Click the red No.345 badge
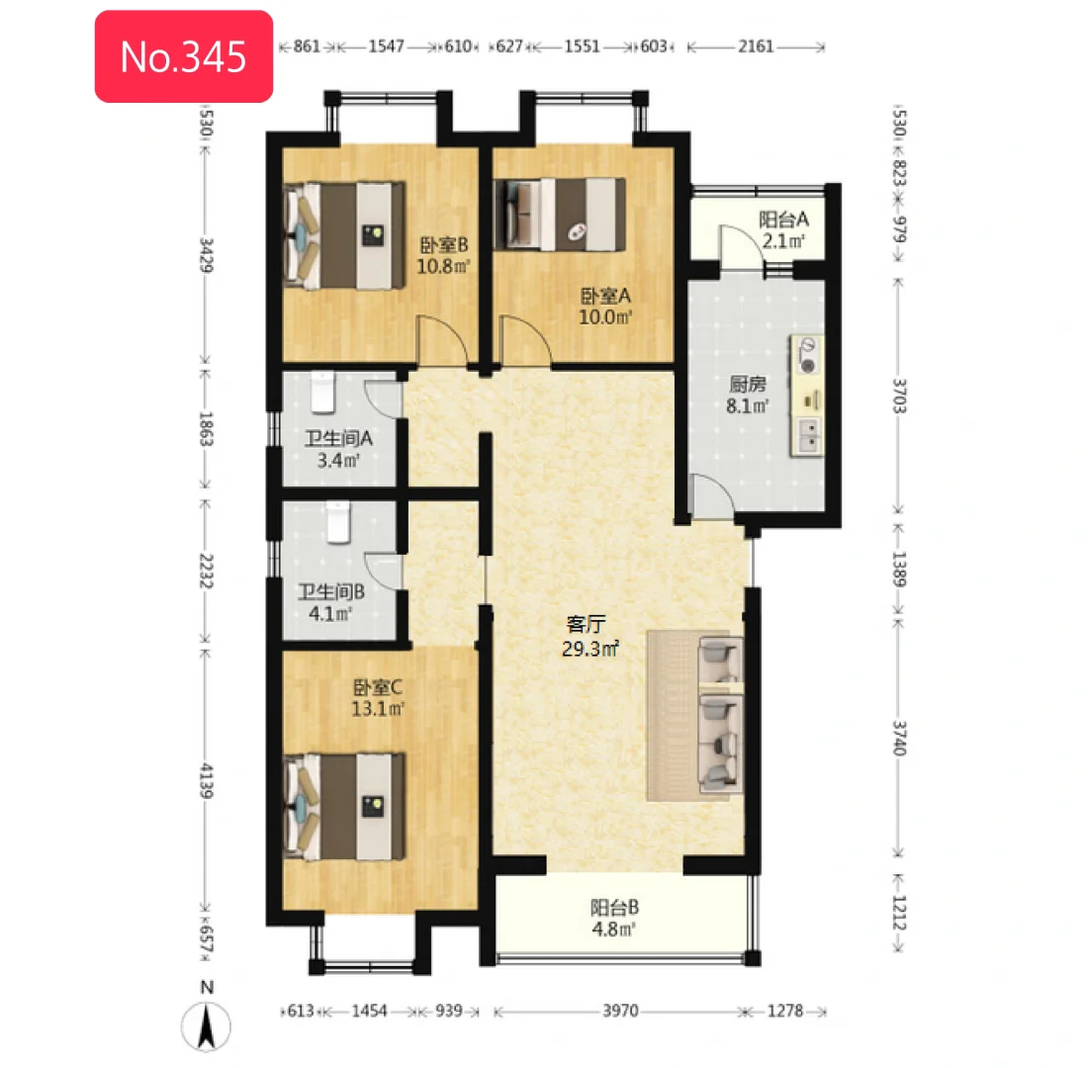point(184,56)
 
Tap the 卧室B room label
point(444,245)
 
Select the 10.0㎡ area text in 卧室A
point(605,317)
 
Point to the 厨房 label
point(748,383)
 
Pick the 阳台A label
point(783,220)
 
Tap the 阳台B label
point(615,907)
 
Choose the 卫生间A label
point(338,438)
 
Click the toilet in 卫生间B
point(338,522)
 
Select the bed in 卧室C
point(345,806)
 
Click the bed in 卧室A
point(559,214)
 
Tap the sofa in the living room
point(720,714)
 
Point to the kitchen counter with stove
point(806,397)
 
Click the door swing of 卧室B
point(441,340)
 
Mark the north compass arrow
point(206,1026)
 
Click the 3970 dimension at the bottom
point(620,1011)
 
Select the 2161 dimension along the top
point(756,46)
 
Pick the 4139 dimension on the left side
point(207,780)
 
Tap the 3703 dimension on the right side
point(899,396)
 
